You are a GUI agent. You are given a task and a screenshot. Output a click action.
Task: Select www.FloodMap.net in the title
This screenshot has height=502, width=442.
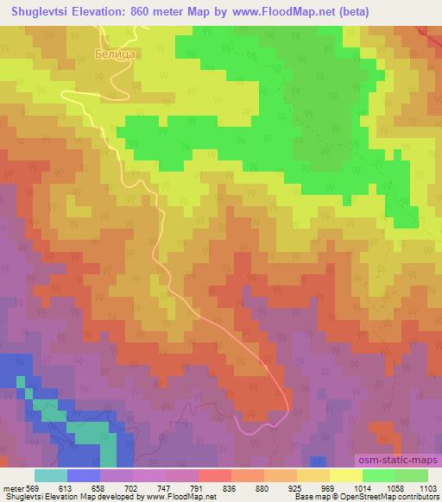(x=308, y=10)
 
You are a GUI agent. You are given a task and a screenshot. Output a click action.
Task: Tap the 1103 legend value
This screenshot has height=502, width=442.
(x=428, y=487)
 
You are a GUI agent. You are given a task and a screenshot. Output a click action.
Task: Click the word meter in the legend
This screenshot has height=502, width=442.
(x=14, y=487)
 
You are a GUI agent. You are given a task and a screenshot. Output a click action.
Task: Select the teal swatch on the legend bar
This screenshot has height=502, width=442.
(x=51, y=475)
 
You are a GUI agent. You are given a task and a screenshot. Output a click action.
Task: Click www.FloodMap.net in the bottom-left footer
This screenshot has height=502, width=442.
(x=180, y=497)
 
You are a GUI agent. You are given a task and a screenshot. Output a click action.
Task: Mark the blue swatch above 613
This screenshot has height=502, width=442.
(x=84, y=475)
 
